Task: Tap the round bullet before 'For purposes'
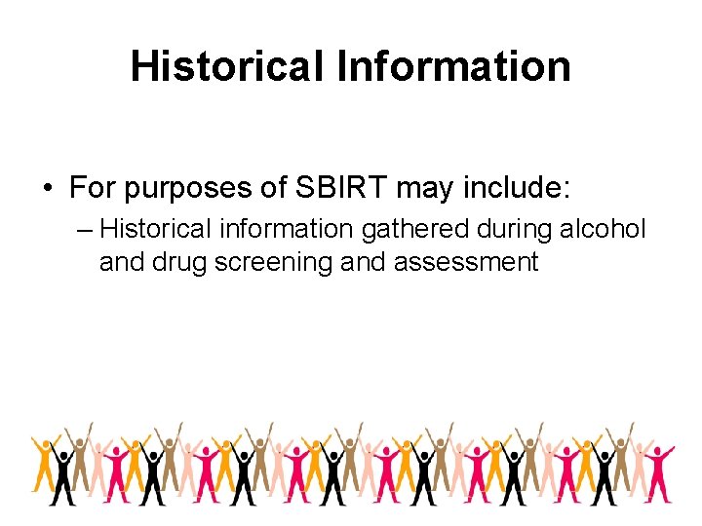(47, 187)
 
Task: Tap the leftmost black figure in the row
(65, 472)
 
